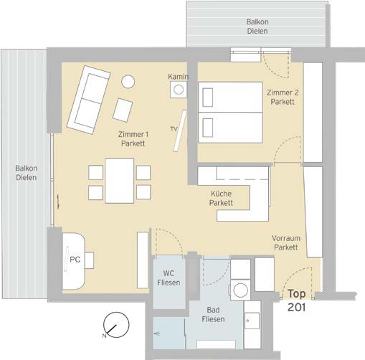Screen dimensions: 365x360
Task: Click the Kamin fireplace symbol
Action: click(x=179, y=90)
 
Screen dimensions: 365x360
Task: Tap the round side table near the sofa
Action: click(x=128, y=82)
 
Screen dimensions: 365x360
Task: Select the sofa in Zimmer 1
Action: click(x=89, y=100)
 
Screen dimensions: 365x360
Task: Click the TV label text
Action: click(x=174, y=129)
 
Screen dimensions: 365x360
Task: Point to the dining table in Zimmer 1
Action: click(x=119, y=181)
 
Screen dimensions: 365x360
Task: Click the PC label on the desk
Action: click(x=75, y=260)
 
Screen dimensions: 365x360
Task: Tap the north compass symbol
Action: click(x=116, y=325)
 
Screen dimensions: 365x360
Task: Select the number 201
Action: click(x=297, y=308)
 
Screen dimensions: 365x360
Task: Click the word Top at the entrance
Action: click(x=297, y=294)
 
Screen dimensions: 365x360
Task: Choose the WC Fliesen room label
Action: click(x=169, y=278)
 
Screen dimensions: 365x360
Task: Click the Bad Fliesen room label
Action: click(x=213, y=315)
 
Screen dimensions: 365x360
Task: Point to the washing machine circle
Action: click(x=240, y=290)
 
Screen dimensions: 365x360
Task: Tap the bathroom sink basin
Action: click(x=252, y=321)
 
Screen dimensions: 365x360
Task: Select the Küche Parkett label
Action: click(x=221, y=198)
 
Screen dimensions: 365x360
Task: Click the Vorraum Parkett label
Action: click(x=286, y=242)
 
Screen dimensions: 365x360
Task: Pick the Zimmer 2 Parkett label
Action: click(x=283, y=97)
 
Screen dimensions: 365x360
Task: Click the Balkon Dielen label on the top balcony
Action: click(x=257, y=27)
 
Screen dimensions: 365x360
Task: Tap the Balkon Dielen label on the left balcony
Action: click(x=27, y=173)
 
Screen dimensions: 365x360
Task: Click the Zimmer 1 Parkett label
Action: click(x=133, y=139)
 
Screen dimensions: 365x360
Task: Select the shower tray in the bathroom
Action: click(x=169, y=333)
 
